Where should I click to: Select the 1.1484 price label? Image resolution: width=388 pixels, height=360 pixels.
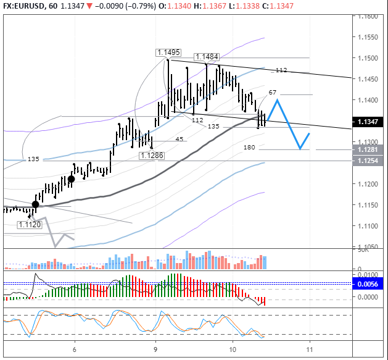pyautogui.click(x=206, y=57)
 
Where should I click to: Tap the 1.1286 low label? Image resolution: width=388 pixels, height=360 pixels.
pyautogui.click(x=152, y=156)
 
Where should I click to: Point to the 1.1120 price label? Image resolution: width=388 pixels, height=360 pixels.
pyautogui.click(x=29, y=225)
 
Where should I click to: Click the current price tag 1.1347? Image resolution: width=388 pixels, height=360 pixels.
pyautogui.click(x=368, y=122)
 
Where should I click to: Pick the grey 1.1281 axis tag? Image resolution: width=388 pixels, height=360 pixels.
pyautogui.click(x=368, y=149)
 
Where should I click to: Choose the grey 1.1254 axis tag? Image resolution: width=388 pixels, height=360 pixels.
pyautogui.click(x=368, y=161)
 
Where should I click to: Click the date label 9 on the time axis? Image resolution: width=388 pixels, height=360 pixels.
pyautogui.click(x=155, y=348)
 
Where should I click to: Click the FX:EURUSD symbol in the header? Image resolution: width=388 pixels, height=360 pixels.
pyautogui.click(x=26, y=6)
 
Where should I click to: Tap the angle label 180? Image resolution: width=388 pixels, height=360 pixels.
pyautogui.click(x=249, y=148)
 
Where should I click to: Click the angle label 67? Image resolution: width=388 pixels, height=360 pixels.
pyautogui.click(x=273, y=92)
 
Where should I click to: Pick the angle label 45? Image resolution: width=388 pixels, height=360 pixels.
pyautogui.click(x=180, y=139)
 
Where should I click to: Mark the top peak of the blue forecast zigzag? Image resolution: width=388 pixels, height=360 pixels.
pyautogui.click(x=277, y=99)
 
